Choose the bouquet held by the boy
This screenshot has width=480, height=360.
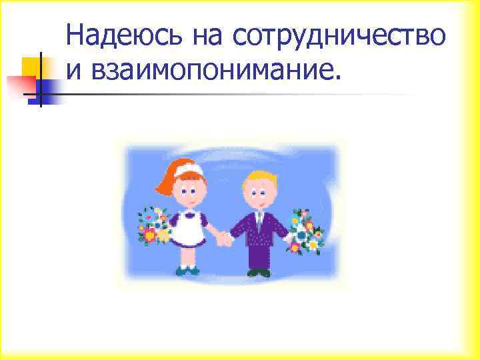(304, 230)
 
